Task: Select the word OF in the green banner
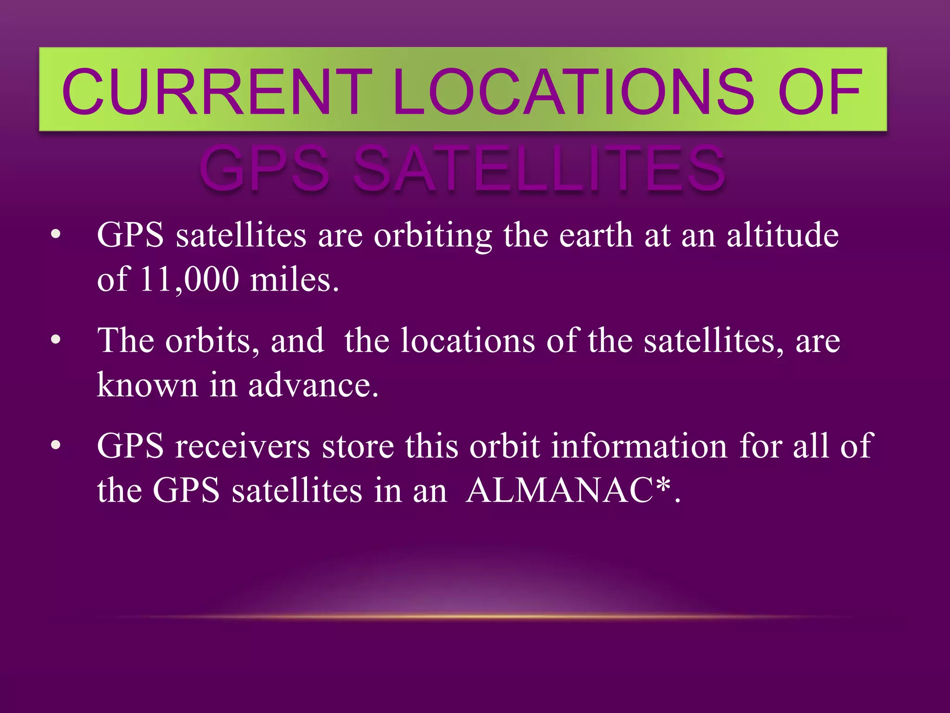point(820,91)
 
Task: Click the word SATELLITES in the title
point(539,168)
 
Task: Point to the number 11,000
point(189,279)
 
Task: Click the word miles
point(294,279)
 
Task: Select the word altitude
point(782,235)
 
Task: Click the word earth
point(596,235)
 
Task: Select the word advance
point(313,385)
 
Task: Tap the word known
point(147,385)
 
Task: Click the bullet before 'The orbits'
point(56,340)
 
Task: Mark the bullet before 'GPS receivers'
point(56,446)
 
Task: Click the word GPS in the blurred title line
point(265,168)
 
